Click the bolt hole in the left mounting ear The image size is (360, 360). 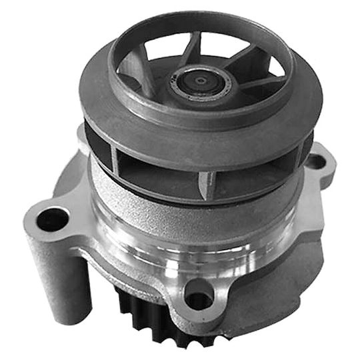(x=53, y=219)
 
